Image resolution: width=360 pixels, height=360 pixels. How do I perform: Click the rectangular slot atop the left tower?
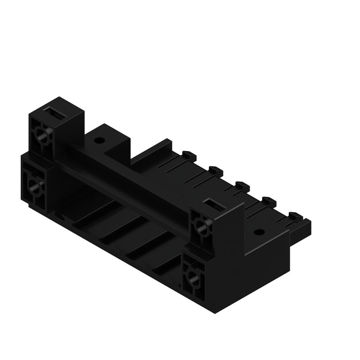[54, 112]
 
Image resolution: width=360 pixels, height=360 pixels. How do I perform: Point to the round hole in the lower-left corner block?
[36, 185]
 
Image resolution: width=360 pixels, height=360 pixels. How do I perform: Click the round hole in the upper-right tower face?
[202, 227]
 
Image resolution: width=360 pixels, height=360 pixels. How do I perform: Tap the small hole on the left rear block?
[99, 140]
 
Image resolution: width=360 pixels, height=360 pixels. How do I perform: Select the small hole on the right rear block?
[258, 233]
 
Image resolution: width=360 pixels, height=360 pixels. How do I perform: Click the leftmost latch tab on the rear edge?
[189, 155]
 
